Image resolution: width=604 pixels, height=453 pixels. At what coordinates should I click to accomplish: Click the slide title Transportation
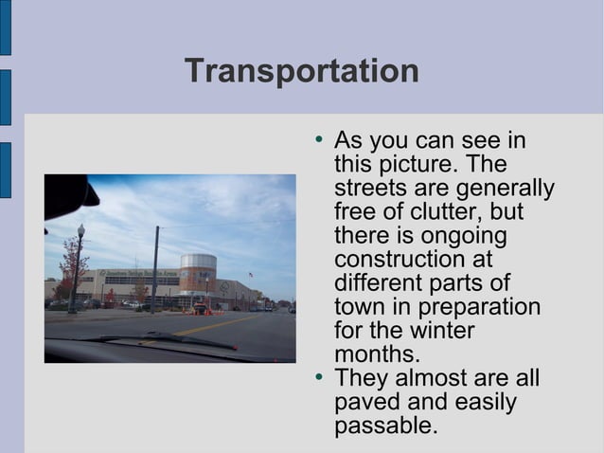(x=301, y=71)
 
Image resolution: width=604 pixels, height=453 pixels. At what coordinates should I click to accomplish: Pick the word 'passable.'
(x=386, y=426)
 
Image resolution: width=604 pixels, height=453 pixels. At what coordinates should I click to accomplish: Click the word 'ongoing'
(x=454, y=235)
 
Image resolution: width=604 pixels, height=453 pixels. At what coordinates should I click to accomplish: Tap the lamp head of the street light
(x=80, y=229)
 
